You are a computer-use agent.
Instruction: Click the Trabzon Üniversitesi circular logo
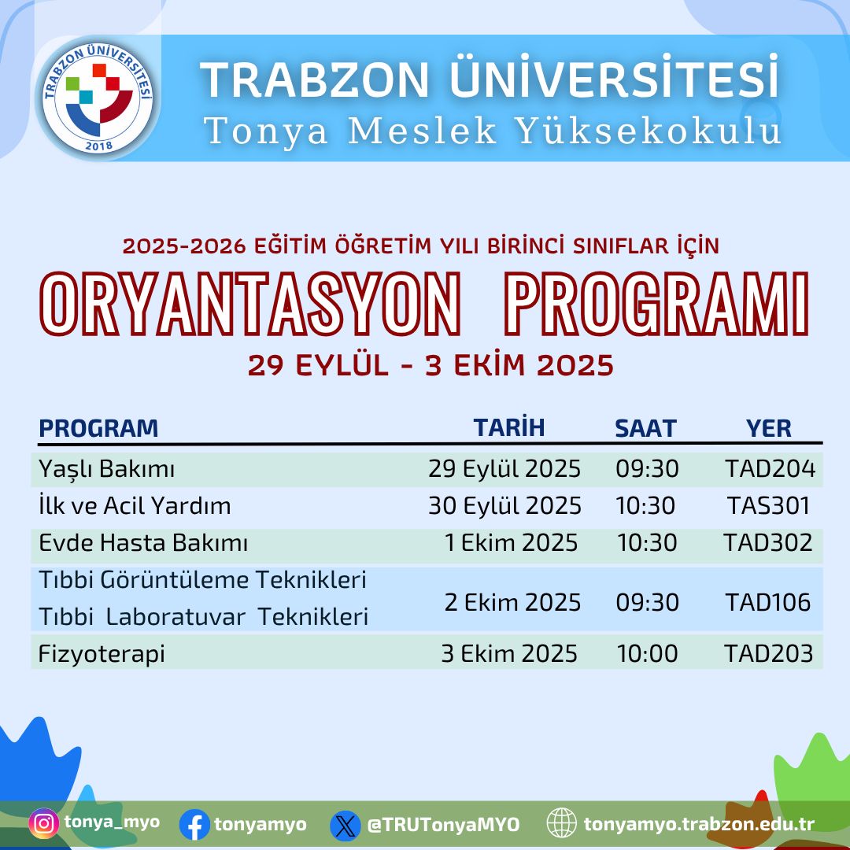point(98,98)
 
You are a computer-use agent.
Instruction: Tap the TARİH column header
point(509,427)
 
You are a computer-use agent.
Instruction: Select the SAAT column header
point(645,428)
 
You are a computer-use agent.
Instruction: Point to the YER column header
point(769,428)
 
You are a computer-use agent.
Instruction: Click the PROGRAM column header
point(98,428)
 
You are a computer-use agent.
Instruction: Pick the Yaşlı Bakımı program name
point(107,469)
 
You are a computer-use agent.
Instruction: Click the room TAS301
point(768,506)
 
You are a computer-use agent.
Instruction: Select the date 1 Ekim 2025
point(512,542)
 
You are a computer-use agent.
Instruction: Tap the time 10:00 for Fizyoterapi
point(647,654)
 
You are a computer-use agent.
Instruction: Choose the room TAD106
point(768,602)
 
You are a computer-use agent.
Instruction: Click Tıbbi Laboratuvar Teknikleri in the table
point(204,617)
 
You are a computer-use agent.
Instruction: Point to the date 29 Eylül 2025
point(504,469)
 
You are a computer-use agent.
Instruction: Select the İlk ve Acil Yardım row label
point(135,506)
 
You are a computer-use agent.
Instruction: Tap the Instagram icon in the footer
point(44,823)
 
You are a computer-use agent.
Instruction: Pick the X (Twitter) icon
point(346,826)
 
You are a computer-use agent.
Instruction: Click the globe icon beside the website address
point(562,823)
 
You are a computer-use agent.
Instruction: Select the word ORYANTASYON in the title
point(250,304)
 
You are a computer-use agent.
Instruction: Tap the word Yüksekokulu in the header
point(649,131)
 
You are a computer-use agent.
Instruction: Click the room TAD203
point(769,654)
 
